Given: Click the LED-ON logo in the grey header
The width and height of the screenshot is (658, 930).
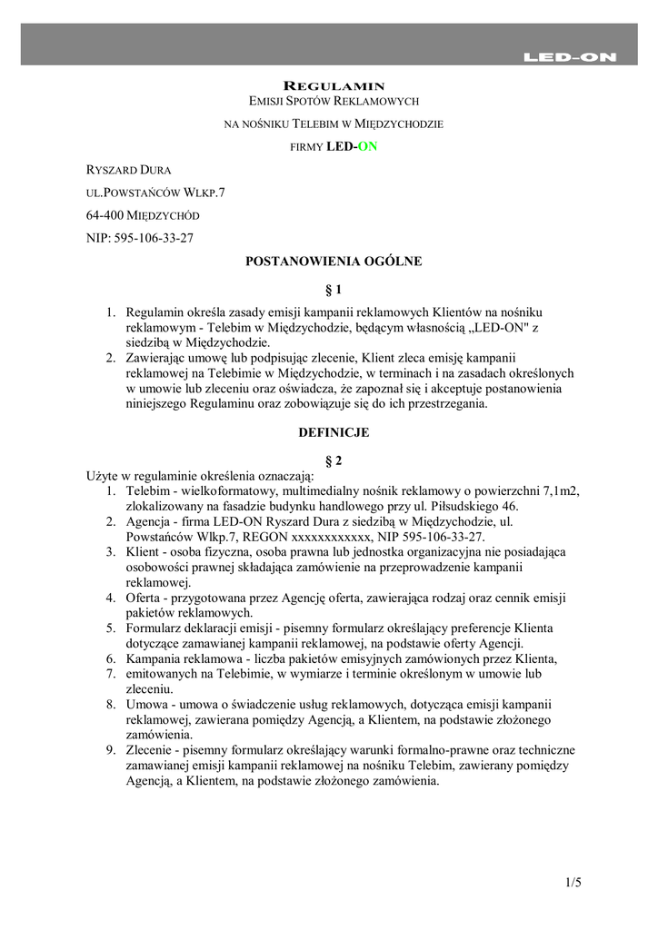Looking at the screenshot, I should (x=570, y=57).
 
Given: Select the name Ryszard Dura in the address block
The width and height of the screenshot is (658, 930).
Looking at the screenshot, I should (x=128, y=169).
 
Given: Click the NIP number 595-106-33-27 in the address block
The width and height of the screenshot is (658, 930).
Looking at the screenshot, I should (x=155, y=238).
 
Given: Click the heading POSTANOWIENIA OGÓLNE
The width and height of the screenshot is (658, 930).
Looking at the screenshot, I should (x=334, y=262).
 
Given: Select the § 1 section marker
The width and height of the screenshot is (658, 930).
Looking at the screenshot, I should (x=334, y=290).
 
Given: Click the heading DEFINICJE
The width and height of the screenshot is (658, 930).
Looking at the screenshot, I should (x=334, y=433).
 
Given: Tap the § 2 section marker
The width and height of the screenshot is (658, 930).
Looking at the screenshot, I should (x=334, y=461).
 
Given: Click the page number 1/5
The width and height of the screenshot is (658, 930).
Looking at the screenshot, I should (x=572, y=882).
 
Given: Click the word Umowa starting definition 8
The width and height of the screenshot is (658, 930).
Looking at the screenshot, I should (x=146, y=704).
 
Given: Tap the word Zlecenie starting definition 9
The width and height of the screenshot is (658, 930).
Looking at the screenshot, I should (x=149, y=750).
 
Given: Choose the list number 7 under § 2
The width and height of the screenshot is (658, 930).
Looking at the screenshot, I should (x=108, y=673).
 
